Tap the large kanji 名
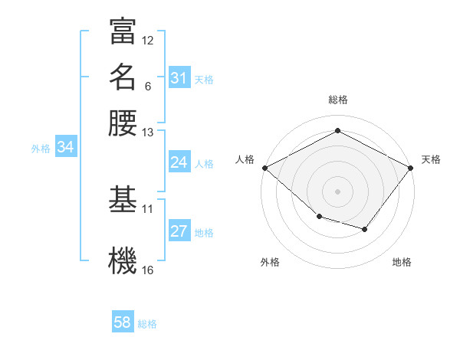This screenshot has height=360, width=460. [123, 77]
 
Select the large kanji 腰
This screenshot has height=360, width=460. [123, 124]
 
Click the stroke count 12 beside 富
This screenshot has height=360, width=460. [148, 40]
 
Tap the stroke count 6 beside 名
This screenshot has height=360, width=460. [148, 86]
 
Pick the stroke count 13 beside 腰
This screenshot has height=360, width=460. [148, 133]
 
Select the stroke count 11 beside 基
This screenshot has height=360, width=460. [148, 208]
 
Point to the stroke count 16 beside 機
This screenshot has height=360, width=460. [148, 270]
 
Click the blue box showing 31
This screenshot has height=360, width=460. [179, 78]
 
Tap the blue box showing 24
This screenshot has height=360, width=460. [179, 162]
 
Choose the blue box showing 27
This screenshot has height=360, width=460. [179, 231]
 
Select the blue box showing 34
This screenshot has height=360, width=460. [65, 147]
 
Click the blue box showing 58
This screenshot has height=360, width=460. [123, 322]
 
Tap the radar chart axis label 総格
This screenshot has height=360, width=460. [337, 100]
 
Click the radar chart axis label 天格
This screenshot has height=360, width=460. [432, 159]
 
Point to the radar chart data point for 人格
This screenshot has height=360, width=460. [264, 167]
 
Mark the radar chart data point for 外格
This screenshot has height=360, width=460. [319, 217]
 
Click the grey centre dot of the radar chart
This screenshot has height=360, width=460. [337, 191]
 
